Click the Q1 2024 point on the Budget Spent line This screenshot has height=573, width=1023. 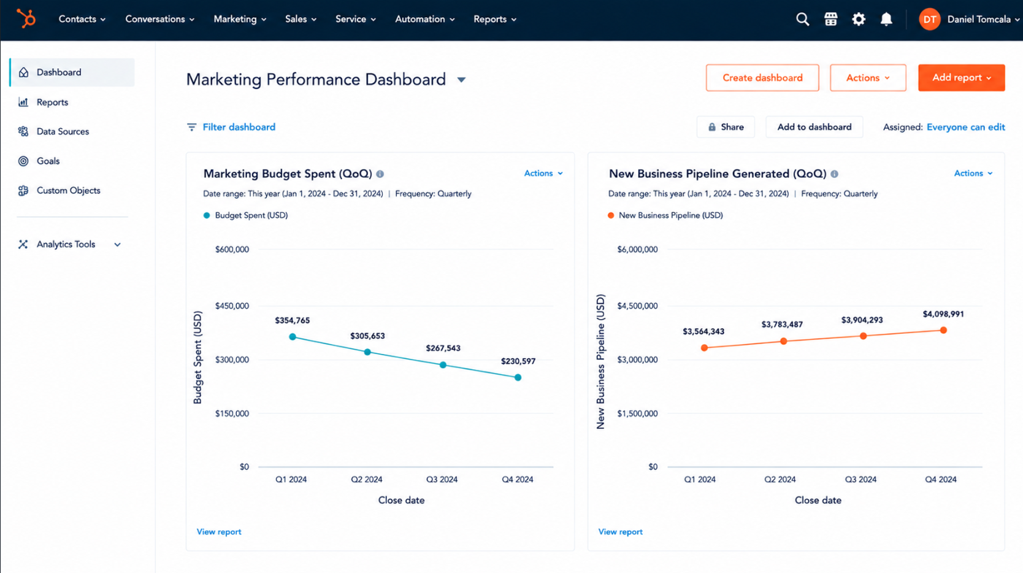click(x=293, y=337)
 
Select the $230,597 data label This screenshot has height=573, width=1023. click(x=518, y=361)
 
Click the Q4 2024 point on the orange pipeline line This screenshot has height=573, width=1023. click(x=943, y=330)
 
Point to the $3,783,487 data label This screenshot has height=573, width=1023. click(x=782, y=325)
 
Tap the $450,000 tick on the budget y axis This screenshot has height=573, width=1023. click(x=232, y=306)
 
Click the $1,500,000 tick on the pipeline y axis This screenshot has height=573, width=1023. click(x=637, y=413)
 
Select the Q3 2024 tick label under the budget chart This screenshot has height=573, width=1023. click(x=442, y=479)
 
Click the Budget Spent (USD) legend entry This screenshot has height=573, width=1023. click(x=246, y=215)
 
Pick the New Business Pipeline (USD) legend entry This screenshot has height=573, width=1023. click(x=665, y=215)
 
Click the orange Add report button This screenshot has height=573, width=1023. click(x=961, y=78)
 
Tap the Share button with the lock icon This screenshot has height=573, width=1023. click(x=726, y=127)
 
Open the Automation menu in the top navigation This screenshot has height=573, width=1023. click(x=425, y=19)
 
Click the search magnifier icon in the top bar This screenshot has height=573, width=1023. click(x=802, y=19)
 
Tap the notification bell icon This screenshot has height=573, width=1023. click(x=886, y=19)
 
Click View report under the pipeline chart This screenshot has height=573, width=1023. click(x=620, y=532)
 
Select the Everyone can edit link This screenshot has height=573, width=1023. click(x=965, y=127)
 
